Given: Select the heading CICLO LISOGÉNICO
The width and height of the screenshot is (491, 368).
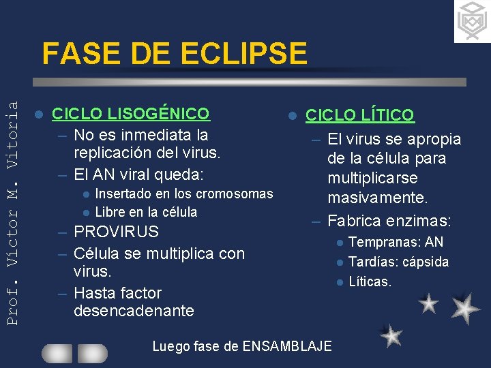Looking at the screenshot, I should [131, 113].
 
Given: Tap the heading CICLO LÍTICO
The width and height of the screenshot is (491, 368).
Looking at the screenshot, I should [359, 115].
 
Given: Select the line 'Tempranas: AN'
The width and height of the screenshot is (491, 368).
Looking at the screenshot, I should [396, 242].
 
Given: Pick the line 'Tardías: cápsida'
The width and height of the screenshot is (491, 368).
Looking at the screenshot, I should [398, 262].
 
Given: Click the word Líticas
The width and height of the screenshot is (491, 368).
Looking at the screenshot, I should [370, 281].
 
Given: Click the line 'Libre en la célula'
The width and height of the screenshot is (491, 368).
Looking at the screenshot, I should [146, 212].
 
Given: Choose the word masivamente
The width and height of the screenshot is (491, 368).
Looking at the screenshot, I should [377, 198].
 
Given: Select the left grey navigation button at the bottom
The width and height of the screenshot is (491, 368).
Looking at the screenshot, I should [57, 353].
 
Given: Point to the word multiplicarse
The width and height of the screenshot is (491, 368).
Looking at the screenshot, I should [372, 179].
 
